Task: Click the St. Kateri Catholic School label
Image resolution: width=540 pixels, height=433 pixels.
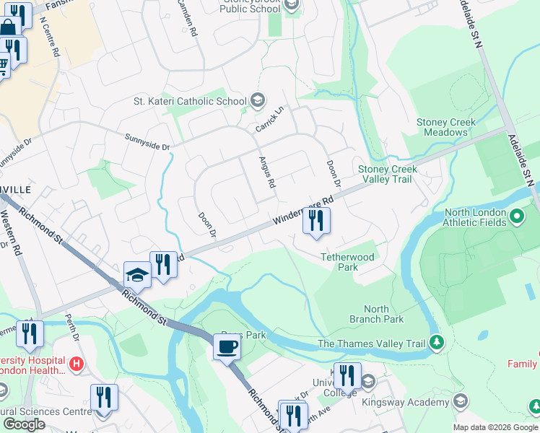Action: coord(190,101)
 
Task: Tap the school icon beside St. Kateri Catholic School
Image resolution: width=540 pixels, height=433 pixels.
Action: coord(258,101)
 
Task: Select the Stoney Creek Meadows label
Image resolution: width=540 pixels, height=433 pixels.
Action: coord(446,127)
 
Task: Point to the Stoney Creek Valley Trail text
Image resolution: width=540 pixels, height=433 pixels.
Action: coord(388,174)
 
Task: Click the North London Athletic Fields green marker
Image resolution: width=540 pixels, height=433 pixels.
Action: coord(517,216)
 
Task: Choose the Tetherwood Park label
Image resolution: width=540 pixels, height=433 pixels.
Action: coord(348,262)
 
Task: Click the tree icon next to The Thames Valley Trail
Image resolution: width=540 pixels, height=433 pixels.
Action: coord(436,341)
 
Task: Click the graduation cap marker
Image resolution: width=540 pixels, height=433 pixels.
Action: coord(137,275)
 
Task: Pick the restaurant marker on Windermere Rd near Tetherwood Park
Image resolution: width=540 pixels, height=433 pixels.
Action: coord(315,222)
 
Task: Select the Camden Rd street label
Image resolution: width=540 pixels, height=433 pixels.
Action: coord(187,18)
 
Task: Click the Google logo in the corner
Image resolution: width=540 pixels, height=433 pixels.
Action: coord(24,424)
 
